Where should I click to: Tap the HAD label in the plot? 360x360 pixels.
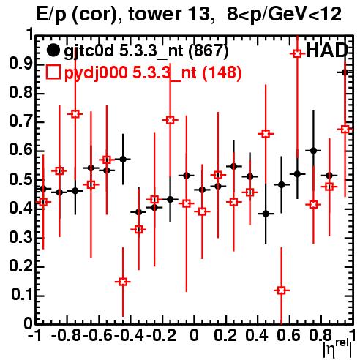tap(326, 50)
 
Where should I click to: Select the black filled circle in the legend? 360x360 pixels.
tap(53, 51)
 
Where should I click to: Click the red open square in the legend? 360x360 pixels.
tap(53, 72)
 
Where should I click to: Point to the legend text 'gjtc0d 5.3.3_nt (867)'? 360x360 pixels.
tap(146, 51)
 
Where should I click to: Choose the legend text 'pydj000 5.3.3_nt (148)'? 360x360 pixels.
tap(153, 72)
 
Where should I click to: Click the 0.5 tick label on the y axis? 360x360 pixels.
tap(21, 180)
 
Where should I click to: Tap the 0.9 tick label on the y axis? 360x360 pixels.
tap(21, 64)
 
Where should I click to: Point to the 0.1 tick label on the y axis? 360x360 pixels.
tap(22, 295)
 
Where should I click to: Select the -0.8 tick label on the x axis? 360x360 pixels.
tap(66, 335)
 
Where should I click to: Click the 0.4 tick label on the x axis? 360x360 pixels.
tap(257, 335)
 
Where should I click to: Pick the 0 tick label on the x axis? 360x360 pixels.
tap(194, 335)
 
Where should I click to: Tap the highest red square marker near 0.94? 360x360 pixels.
tap(297, 53)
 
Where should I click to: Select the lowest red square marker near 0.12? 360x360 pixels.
tap(282, 290)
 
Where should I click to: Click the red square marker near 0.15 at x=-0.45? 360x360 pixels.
tap(123, 282)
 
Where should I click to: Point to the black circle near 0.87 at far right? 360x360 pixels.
tap(345, 72)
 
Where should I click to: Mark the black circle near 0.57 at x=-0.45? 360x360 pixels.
tap(123, 160)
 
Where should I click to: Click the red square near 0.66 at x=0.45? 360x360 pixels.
tap(266, 134)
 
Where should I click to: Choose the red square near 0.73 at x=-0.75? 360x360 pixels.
tap(75, 114)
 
